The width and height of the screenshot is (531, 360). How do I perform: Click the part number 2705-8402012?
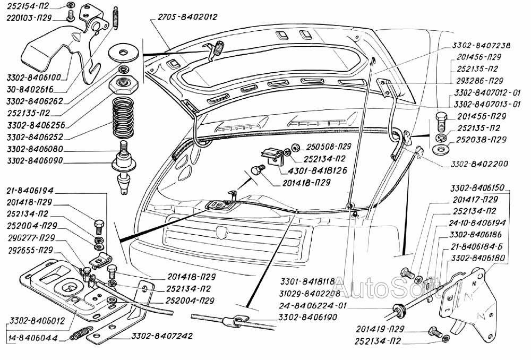(x=187, y=17)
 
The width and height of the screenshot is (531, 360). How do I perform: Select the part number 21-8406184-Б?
(x=476, y=246)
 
